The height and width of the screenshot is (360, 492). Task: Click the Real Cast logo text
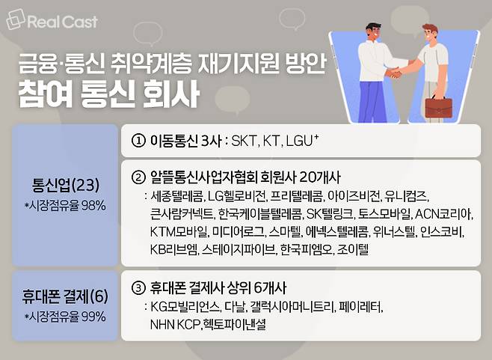(x=63, y=22)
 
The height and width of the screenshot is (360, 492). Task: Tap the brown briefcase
(x=438, y=107)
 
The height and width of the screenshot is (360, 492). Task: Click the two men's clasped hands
(x=394, y=73)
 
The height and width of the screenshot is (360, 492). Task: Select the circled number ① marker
(x=138, y=141)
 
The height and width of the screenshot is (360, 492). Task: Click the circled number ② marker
(x=138, y=177)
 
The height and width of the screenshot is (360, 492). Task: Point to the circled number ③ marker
(x=138, y=288)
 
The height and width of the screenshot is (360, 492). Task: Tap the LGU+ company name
(x=302, y=141)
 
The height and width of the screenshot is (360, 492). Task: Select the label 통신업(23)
(x=66, y=186)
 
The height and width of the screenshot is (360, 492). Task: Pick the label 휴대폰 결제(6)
(x=65, y=296)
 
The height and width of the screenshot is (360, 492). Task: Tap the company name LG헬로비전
(x=237, y=196)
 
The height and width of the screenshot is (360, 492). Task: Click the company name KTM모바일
(x=179, y=232)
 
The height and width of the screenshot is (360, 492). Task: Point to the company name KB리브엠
(x=173, y=249)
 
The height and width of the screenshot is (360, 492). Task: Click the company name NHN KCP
(x=175, y=325)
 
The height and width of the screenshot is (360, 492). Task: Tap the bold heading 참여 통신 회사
(x=109, y=94)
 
